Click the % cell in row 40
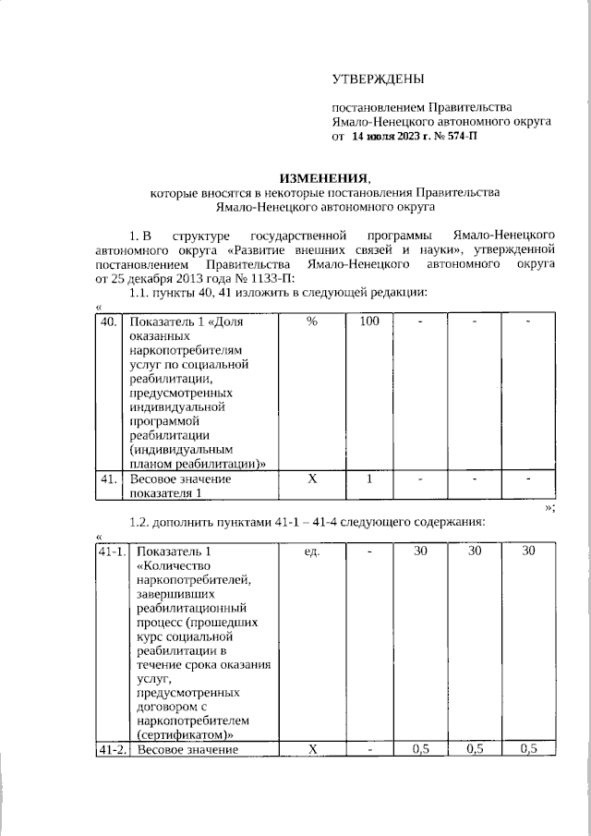311,321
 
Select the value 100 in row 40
369,321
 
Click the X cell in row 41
311,479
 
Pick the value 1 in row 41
369,479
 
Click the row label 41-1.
112,551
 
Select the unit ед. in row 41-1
311,551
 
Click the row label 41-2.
112,749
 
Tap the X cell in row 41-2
311,749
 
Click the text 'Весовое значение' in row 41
180,479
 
